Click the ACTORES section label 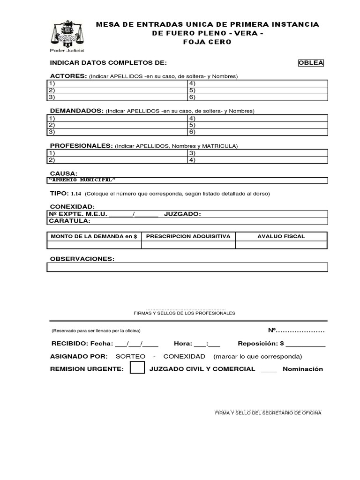tap(68, 76)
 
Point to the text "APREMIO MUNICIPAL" tap(82, 180)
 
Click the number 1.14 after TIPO tap(76, 194)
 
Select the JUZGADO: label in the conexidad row tap(182, 214)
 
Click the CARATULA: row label tap(70, 221)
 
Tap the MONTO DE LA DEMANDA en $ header tap(94, 236)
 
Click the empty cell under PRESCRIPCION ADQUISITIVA tap(188, 245)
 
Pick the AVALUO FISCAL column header tap(281, 236)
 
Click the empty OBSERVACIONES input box tap(187, 267)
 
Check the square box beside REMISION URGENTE tap(137, 368)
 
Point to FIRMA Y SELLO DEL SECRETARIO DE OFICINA tap(268, 413)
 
